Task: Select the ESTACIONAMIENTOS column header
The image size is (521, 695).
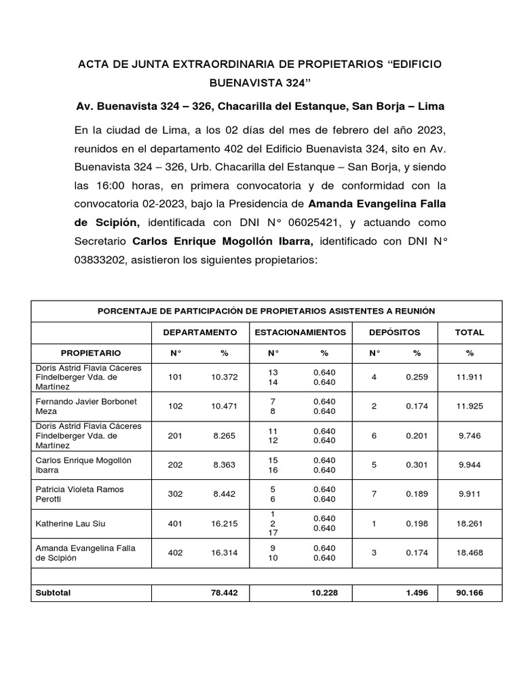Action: coord(300,333)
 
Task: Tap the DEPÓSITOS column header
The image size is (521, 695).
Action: coord(394,333)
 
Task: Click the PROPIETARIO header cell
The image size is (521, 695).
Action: coord(91,353)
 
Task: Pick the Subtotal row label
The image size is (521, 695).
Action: coord(53,593)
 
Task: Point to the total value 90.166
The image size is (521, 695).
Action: coord(470,593)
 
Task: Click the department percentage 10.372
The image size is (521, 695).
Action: coord(225,377)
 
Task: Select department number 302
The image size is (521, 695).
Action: coord(175,494)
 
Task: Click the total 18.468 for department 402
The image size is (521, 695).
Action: coord(470,552)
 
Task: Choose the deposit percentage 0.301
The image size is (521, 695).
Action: coord(417,465)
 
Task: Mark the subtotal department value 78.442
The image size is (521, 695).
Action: coord(225,593)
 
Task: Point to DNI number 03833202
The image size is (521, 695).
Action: coord(107,260)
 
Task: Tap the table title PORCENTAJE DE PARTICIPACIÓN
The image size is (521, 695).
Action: coord(266,311)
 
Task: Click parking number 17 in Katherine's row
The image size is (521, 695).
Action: coord(273,533)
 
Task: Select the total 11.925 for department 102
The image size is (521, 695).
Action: coord(470,407)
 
